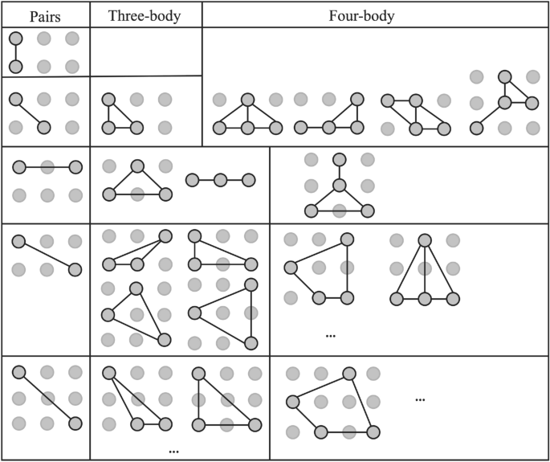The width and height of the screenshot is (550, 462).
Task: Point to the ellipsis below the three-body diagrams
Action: coord(173,452)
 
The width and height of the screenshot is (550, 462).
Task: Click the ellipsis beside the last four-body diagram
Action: coord(420,399)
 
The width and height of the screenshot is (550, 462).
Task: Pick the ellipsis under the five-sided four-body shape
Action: coord(330,334)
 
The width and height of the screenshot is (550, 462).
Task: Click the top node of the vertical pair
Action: coord(16,38)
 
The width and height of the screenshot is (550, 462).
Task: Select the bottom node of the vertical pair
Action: coord(16,66)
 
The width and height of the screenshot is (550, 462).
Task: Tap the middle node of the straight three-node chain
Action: coord(220,180)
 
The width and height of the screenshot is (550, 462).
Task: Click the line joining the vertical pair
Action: coord(16,52)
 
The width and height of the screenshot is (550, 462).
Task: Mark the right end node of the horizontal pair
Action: coord(75,167)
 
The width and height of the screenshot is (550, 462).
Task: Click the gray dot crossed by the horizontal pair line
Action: coord(47,167)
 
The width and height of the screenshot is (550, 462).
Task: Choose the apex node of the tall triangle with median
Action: coord(424,239)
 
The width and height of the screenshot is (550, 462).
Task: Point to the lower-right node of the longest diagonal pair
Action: coord(75,423)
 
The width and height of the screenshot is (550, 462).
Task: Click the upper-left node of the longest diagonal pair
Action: coord(18,371)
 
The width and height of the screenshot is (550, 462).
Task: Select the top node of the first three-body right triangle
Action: coord(108,100)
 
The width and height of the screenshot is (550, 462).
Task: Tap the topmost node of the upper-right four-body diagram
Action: coord(504,77)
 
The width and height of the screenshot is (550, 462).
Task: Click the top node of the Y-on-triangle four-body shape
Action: coord(339,159)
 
